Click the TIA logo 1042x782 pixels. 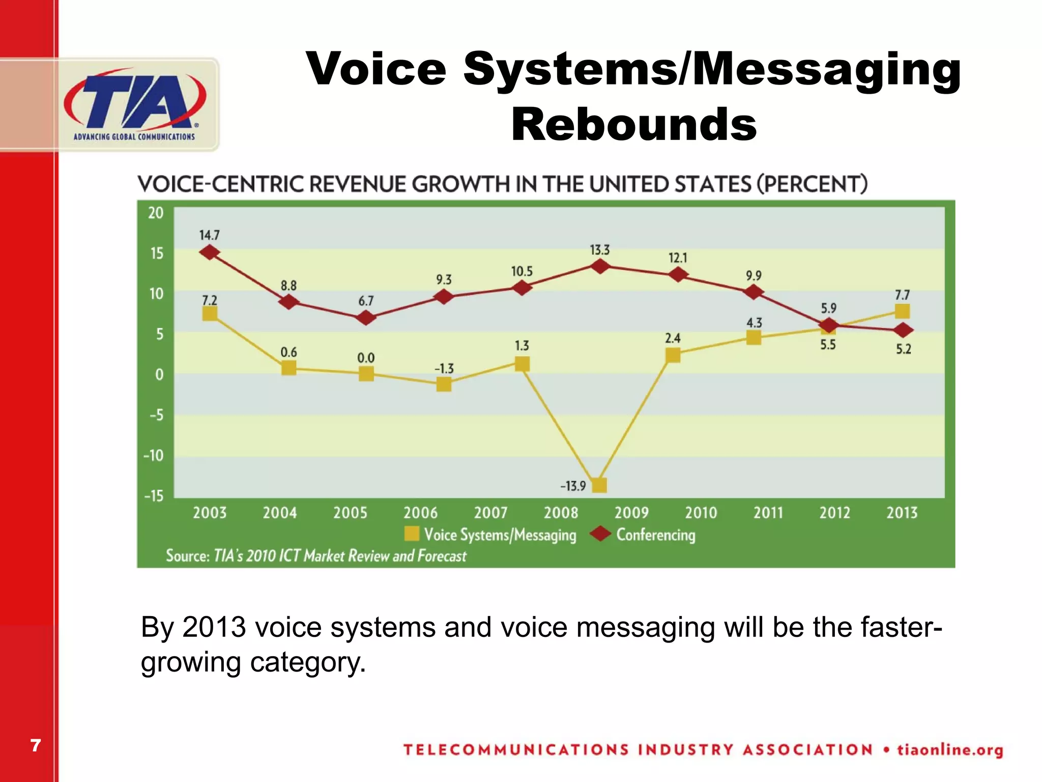tap(135, 104)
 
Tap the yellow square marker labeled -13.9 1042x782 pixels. tap(600, 485)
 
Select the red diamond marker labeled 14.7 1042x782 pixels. tap(210, 252)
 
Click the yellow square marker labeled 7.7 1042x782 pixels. tap(902, 311)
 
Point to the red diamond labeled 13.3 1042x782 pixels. tap(600, 266)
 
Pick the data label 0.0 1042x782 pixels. tap(366, 358)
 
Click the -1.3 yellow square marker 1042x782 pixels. tap(444, 384)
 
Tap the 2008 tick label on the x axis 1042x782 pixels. tap(561, 512)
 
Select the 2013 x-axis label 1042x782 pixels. tap(902, 512)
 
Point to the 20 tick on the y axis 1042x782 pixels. tap(156, 213)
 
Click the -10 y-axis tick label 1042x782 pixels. tap(154, 455)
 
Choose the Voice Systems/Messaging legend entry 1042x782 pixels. tap(490, 535)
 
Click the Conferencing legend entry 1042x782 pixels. tap(644, 535)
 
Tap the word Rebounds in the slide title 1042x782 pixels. tap(634, 125)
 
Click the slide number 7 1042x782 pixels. tap(35, 745)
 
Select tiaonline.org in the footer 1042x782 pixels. tap(950, 750)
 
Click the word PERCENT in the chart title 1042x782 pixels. tap(812, 184)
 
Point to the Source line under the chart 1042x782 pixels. tap(316, 555)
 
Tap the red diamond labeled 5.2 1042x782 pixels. tap(903, 330)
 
